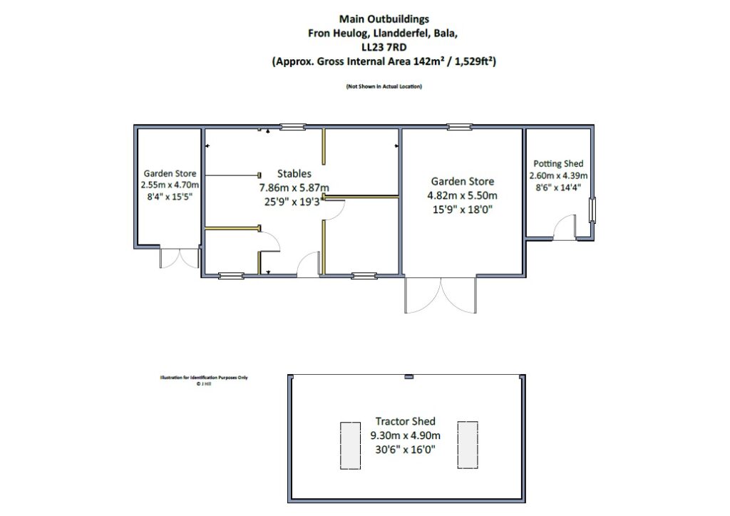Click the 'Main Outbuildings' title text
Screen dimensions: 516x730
click(384, 19)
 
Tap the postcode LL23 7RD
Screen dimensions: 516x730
click(384, 47)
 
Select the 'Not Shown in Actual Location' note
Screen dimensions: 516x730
click(384, 86)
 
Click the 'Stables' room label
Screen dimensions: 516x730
click(294, 173)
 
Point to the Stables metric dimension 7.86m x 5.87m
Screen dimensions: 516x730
click(294, 187)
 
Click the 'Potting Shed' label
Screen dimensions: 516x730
click(557, 164)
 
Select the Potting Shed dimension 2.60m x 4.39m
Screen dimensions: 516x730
click(557, 176)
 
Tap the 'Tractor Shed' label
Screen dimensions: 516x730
click(405, 421)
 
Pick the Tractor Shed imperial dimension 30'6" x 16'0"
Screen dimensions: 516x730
click(405, 449)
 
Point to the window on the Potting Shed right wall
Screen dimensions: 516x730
click(592, 210)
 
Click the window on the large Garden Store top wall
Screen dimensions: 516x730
click(459, 128)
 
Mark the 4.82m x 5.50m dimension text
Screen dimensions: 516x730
click(461, 195)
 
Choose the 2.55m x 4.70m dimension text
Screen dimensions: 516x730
click(170, 185)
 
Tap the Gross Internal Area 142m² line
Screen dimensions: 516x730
click(384, 62)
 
